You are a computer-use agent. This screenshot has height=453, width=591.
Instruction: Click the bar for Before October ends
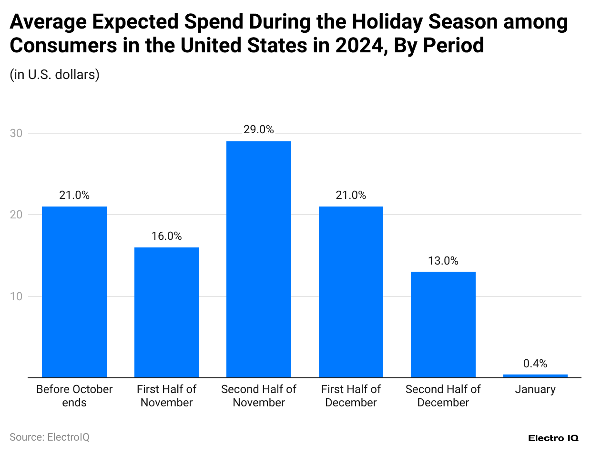click(74, 292)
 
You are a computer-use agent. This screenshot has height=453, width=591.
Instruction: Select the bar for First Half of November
click(166, 312)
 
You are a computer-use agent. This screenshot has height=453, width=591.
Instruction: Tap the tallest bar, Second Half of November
click(259, 259)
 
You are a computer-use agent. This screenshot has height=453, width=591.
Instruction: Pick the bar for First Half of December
click(351, 292)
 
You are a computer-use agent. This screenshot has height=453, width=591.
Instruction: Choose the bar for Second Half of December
click(443, 325)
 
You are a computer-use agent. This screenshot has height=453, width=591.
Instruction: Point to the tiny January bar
click(535, 376)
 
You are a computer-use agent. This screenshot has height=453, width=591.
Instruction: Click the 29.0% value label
click(259, 129)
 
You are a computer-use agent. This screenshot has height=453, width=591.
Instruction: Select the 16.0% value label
click(166, 236)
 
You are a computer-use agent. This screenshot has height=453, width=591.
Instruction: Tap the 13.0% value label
click(443, 261)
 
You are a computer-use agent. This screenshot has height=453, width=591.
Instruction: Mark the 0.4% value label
click(535, 364)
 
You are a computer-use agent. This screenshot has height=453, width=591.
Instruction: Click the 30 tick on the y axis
click(16, 133)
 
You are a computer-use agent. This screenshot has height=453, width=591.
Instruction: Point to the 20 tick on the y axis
click(16, 215)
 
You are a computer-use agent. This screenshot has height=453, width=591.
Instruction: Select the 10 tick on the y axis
click(16, 296)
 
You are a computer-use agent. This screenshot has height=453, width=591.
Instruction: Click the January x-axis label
click(535, 389)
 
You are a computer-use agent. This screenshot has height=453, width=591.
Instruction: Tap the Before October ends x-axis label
click(74, 396)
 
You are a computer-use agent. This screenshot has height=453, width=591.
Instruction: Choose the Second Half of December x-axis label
click(443, 396)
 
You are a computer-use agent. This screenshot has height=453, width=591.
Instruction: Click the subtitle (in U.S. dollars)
click(54, 75)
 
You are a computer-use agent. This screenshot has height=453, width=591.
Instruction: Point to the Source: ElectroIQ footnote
click(50, 437)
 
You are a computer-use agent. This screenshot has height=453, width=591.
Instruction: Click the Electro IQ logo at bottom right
click(553, 438)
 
